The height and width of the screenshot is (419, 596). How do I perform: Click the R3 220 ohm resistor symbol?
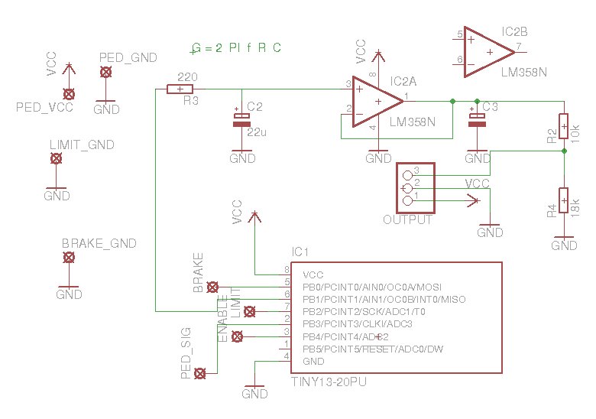pos(180,89)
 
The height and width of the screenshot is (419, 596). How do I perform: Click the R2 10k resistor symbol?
pos(563,124)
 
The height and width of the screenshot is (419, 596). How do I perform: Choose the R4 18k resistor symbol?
pos(563,200)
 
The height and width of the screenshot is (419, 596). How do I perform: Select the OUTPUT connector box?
pos(414,187)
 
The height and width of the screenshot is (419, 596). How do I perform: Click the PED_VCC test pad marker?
pos(69,94)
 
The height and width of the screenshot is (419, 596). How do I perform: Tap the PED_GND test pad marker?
pos(105,72)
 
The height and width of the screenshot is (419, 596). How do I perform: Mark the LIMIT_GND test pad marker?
pos(56,158)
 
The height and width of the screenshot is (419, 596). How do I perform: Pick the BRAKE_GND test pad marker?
pos(69,258)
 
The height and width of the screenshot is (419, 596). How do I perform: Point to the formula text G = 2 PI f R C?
pos(237,48)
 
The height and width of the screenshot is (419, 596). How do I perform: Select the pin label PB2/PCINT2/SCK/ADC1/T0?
pos(368,312)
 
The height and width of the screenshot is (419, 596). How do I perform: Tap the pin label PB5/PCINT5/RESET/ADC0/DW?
pos(374,349)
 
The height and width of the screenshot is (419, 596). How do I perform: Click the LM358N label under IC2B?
pos(524,72)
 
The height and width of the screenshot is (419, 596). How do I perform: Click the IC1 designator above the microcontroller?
pos(300,252)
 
